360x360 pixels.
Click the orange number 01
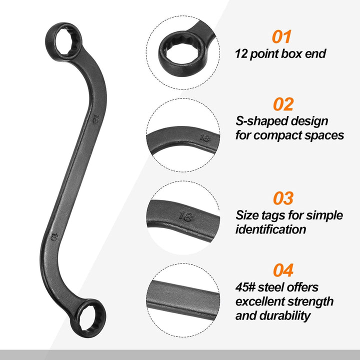[x=281, y=36]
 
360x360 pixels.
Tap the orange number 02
[x=283, y=104]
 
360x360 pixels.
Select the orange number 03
[x=283, y=198]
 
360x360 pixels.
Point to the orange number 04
[x=283, y=270]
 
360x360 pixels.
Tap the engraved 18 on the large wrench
[x=95, y=119]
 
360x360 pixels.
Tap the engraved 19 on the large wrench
[x=54, y=237]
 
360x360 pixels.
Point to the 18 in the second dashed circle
[x=204, y=138]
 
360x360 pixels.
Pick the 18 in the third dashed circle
[x=186, y=216]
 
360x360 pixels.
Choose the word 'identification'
[x=271, y=229]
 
